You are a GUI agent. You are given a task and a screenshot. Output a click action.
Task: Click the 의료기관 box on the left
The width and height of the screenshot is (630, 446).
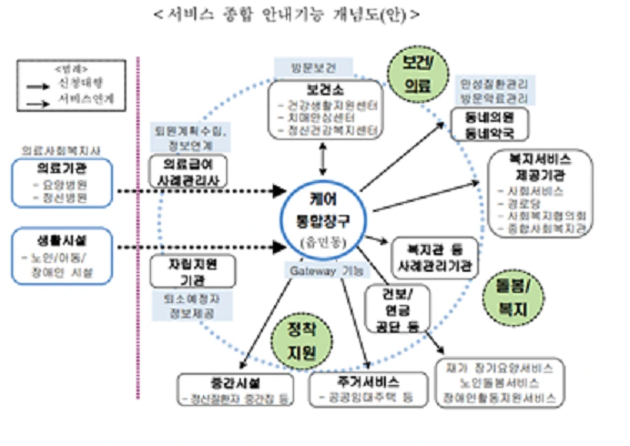pyautogui.click(x=62, y=183)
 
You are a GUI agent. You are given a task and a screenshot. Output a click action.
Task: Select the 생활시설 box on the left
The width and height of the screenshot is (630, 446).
pyautogui.click(x=62, y=255)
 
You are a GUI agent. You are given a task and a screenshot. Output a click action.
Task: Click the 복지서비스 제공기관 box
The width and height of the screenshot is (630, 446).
pyautogui.click(x=540, y=194)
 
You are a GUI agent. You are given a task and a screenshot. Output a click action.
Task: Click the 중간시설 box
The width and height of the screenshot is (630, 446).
pyautogui.click(x=235, y=389)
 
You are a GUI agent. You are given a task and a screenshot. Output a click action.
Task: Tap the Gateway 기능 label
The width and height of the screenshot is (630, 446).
pyautogui.click(x=325, y=270)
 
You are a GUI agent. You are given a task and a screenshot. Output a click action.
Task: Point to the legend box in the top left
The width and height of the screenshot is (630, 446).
pyautogui.click(x=71, y=85)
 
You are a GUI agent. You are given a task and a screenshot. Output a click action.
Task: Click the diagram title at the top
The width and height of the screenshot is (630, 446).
pyautogui.click(x=286, y=14)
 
